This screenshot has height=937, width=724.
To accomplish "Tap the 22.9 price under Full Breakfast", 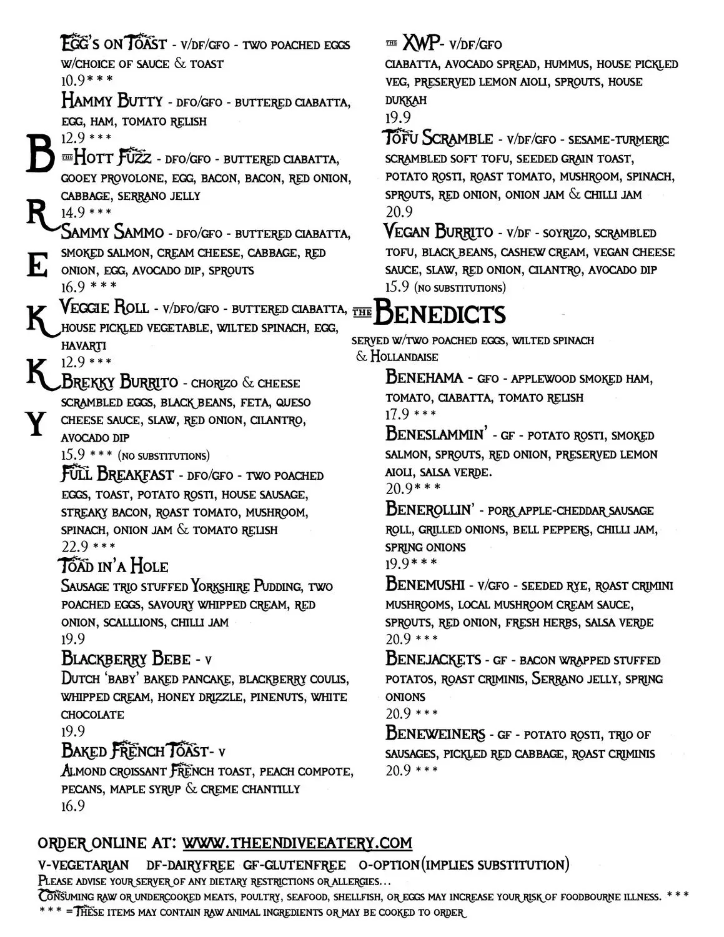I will pos(74,547).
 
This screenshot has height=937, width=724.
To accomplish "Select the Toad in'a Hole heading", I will pos(114,566).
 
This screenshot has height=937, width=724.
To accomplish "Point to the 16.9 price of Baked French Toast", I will pos(72,806).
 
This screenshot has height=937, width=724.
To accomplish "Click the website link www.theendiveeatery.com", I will pos(297,843).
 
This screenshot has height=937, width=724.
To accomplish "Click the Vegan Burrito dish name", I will pos(439,232).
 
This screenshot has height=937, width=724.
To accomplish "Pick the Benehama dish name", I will pos(424,377).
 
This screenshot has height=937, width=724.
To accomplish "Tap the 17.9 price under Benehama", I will pos(397,414).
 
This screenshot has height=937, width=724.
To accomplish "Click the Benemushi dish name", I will pos(425,585).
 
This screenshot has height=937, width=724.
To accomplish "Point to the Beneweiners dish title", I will pos(435,733).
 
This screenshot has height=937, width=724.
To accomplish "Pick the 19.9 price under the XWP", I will pos(398,118).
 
